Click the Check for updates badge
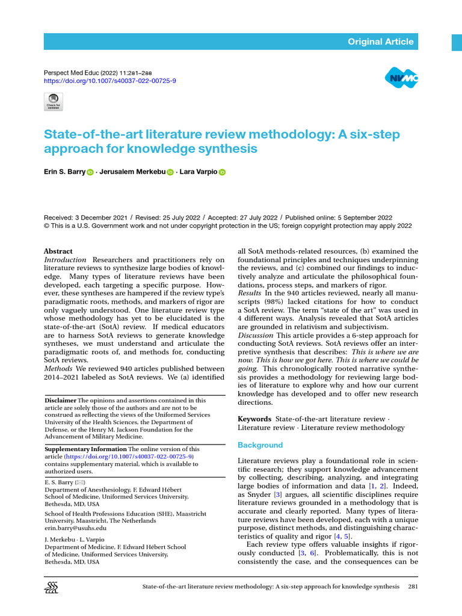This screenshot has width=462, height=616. click(54, 102)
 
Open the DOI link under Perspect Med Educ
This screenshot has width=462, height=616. click(111, 81)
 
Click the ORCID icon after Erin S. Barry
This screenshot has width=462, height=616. click(90, 172)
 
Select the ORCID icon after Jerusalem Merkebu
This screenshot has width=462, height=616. click(170, 172)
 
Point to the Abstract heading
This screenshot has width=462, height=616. click(58, 251)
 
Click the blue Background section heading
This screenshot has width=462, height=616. click(260, 445)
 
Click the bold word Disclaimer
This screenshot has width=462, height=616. click(61, 400)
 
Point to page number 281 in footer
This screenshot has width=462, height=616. click(413, 587)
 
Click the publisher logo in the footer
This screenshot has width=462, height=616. click(52, 588)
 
